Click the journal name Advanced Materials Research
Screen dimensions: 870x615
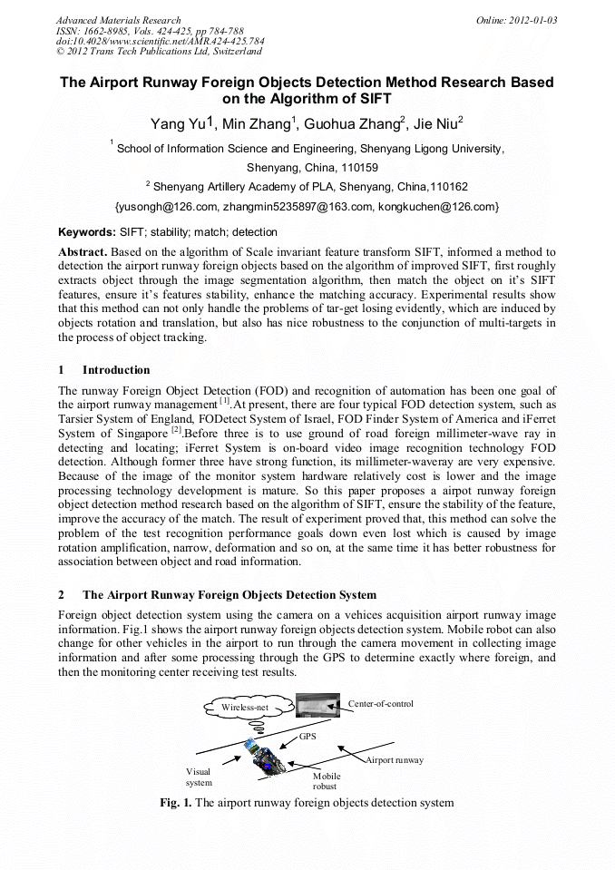(118, 20)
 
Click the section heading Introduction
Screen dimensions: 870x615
(116, 370)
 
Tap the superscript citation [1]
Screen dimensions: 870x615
(224, 400)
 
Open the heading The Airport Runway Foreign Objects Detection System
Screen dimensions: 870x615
(229, 595)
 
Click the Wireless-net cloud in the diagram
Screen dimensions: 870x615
(246, 707)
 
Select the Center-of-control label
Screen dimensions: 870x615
(381, 704)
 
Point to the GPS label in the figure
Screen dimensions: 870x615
(308, 738)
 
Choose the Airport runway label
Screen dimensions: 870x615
(395, 759)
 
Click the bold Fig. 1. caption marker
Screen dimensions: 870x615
(176, 803)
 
